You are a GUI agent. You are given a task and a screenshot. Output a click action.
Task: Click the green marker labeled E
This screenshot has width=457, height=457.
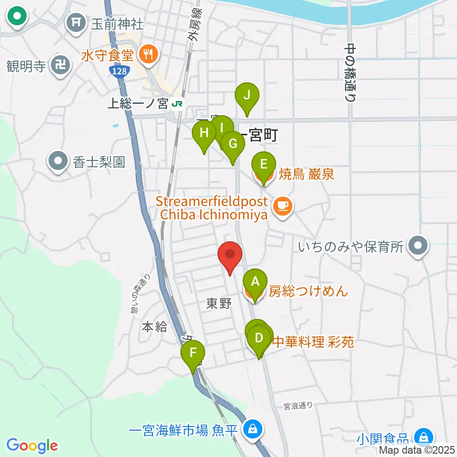[x=263, y=166]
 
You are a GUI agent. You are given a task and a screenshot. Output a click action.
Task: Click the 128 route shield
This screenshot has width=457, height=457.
[x=117, y=70]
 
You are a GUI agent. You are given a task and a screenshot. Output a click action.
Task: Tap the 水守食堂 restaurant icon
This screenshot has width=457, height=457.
[x=148, y=55]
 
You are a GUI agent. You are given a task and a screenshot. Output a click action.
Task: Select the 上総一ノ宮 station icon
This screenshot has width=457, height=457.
[x=177, y=103]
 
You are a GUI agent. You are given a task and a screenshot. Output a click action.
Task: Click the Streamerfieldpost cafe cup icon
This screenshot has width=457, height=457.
[x=283, y=207]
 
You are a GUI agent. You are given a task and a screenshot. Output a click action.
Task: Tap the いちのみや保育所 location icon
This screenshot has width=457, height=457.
[x=418, y=246]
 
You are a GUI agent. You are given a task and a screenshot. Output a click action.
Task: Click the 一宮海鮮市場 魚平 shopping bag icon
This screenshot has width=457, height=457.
[x=252, y=428]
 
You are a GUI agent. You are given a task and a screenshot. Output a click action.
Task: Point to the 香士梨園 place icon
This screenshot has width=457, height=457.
[x=59, y=161]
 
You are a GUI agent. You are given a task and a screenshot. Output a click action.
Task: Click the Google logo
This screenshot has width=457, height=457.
[x=32, y=446]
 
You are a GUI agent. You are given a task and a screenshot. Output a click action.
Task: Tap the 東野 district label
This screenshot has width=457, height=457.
[x=219, y=303]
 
